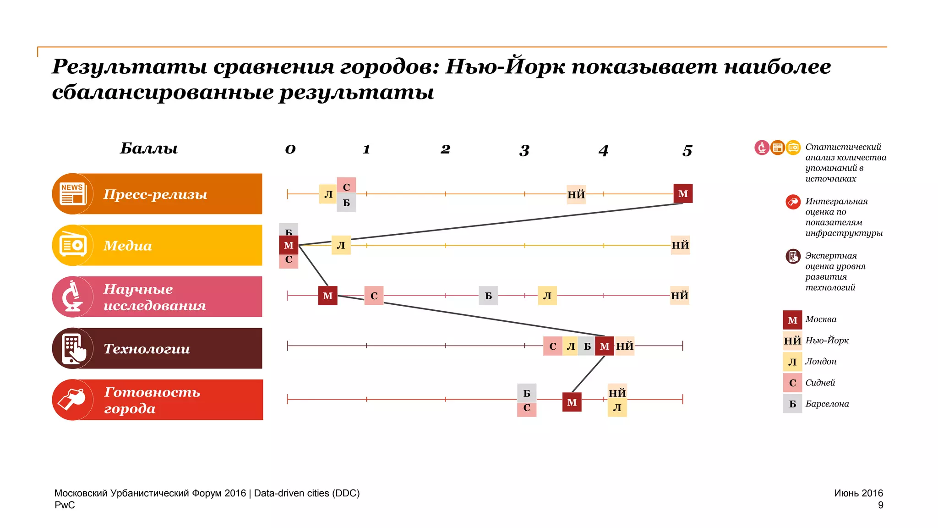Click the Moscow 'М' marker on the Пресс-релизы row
(683, 193)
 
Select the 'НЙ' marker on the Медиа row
(680, 245)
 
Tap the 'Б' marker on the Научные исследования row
(488, 296)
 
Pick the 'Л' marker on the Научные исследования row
(547, 296)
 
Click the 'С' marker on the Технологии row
(553, 346)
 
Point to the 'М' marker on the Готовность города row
(572, 402)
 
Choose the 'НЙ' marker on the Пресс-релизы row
(576, 194)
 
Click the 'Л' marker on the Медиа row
(341, 245)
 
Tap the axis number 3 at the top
(524, 150)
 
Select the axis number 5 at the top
(687, 150)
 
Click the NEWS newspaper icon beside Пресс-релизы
(72, 193)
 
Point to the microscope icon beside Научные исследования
(72, 297)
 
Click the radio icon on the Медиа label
(72, 245)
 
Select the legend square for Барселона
(792, 404)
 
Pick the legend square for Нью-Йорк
(792, 341)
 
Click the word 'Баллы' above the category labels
(149, 148)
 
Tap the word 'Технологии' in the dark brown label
(147, 349)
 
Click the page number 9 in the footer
(880, 505)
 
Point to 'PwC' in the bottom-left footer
(65, 505)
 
